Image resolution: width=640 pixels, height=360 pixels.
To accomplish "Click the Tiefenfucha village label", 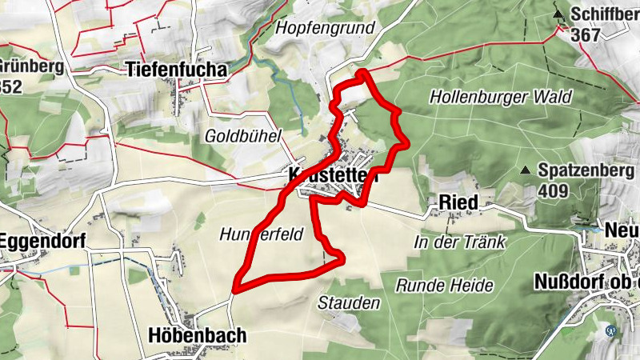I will click(176, 70).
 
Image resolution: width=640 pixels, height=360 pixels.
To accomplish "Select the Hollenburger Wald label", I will click(501, 97).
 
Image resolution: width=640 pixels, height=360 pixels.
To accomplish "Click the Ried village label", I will click(458, 203).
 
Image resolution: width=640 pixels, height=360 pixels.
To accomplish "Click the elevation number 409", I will click(553, 191).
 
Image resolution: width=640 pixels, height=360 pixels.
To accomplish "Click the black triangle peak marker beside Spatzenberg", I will click(525, 170).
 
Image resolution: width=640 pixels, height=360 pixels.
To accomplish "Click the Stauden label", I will click(349, 302).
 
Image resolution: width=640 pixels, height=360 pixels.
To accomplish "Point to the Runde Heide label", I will click(445, 285).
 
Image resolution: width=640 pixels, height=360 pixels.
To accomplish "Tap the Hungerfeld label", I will click(258, 234).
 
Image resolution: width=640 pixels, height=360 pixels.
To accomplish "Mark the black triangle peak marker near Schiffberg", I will click(558, 14).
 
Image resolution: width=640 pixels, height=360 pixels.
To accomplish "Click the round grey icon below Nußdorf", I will click(611, 330).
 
